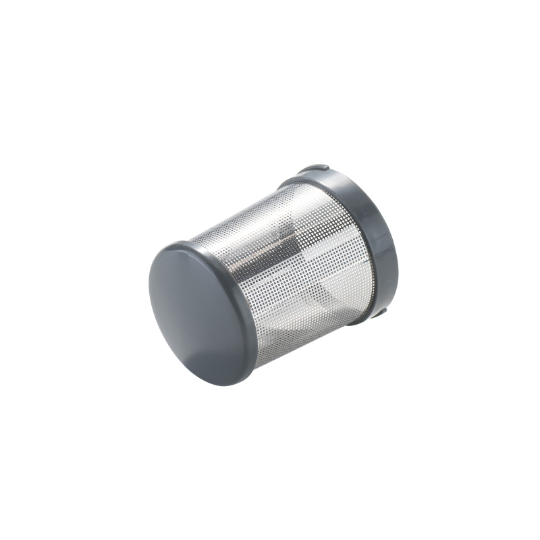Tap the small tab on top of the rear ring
click(313, 169)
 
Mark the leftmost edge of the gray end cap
click(148, 283)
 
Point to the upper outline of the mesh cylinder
click(236, 209)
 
